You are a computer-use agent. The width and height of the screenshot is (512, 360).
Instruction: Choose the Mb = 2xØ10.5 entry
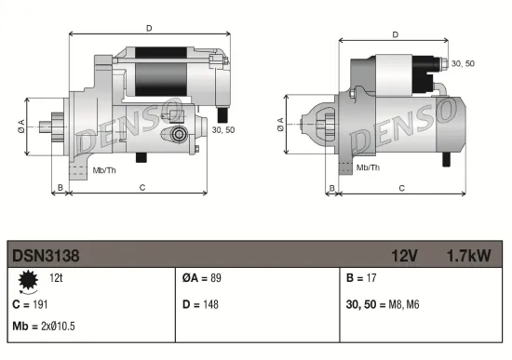45,327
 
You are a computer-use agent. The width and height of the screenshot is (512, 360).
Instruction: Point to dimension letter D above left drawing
148,28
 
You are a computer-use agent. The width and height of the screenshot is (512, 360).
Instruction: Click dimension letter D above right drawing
395,35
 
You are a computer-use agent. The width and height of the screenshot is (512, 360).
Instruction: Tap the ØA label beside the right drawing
282,125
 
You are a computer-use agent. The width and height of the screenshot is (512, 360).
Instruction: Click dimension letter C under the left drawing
141,188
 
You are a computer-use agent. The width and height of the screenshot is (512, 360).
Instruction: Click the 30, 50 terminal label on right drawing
462,62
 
